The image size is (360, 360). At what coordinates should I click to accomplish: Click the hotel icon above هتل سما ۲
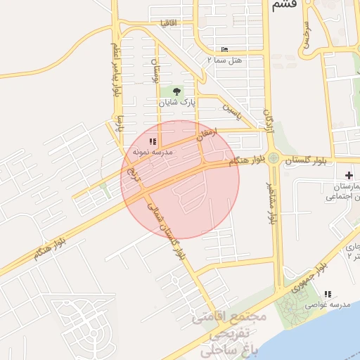click(224, 49)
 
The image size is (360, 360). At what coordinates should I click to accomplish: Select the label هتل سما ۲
click(224, 60)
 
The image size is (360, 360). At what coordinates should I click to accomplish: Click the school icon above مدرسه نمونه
click(153, 141)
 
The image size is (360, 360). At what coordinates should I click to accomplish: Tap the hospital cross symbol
click(349, 174)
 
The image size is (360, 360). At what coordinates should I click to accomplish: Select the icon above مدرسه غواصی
click(327, 294)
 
